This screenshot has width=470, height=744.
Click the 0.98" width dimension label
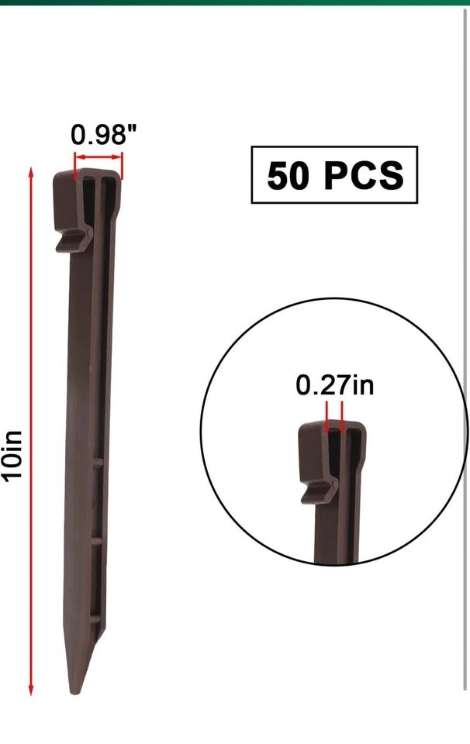point(103,135)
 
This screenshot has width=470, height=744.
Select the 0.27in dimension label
point(335,385)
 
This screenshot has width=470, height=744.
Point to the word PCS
point(364,176)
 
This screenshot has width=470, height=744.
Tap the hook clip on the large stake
point(73,239)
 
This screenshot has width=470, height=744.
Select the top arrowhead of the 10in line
point(31,172)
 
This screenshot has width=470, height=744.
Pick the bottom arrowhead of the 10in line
point(31,690)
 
